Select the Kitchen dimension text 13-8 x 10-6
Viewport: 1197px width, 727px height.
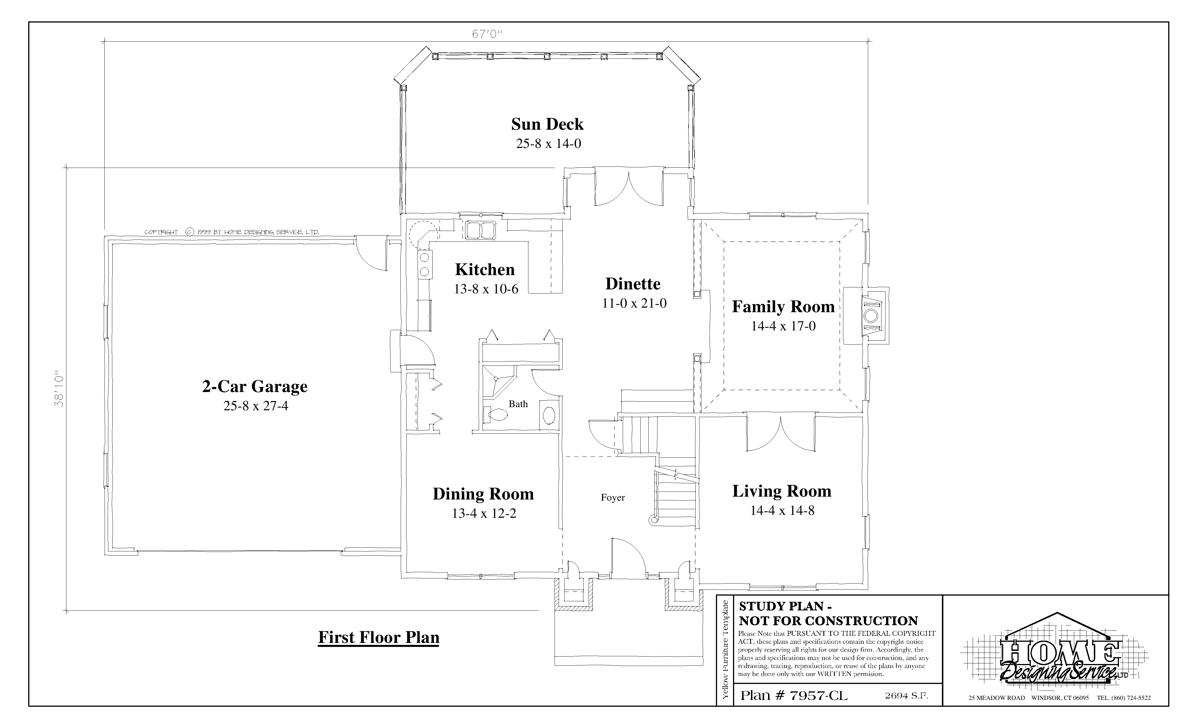pos(486,289)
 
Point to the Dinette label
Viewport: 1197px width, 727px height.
pos(633,284)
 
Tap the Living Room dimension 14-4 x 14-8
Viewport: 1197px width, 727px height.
pos(782,510)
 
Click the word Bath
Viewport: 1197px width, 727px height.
pos(518,404)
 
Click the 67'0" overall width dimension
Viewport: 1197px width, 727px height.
pos(486,34)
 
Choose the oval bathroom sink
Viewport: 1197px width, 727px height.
pos(549,416)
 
